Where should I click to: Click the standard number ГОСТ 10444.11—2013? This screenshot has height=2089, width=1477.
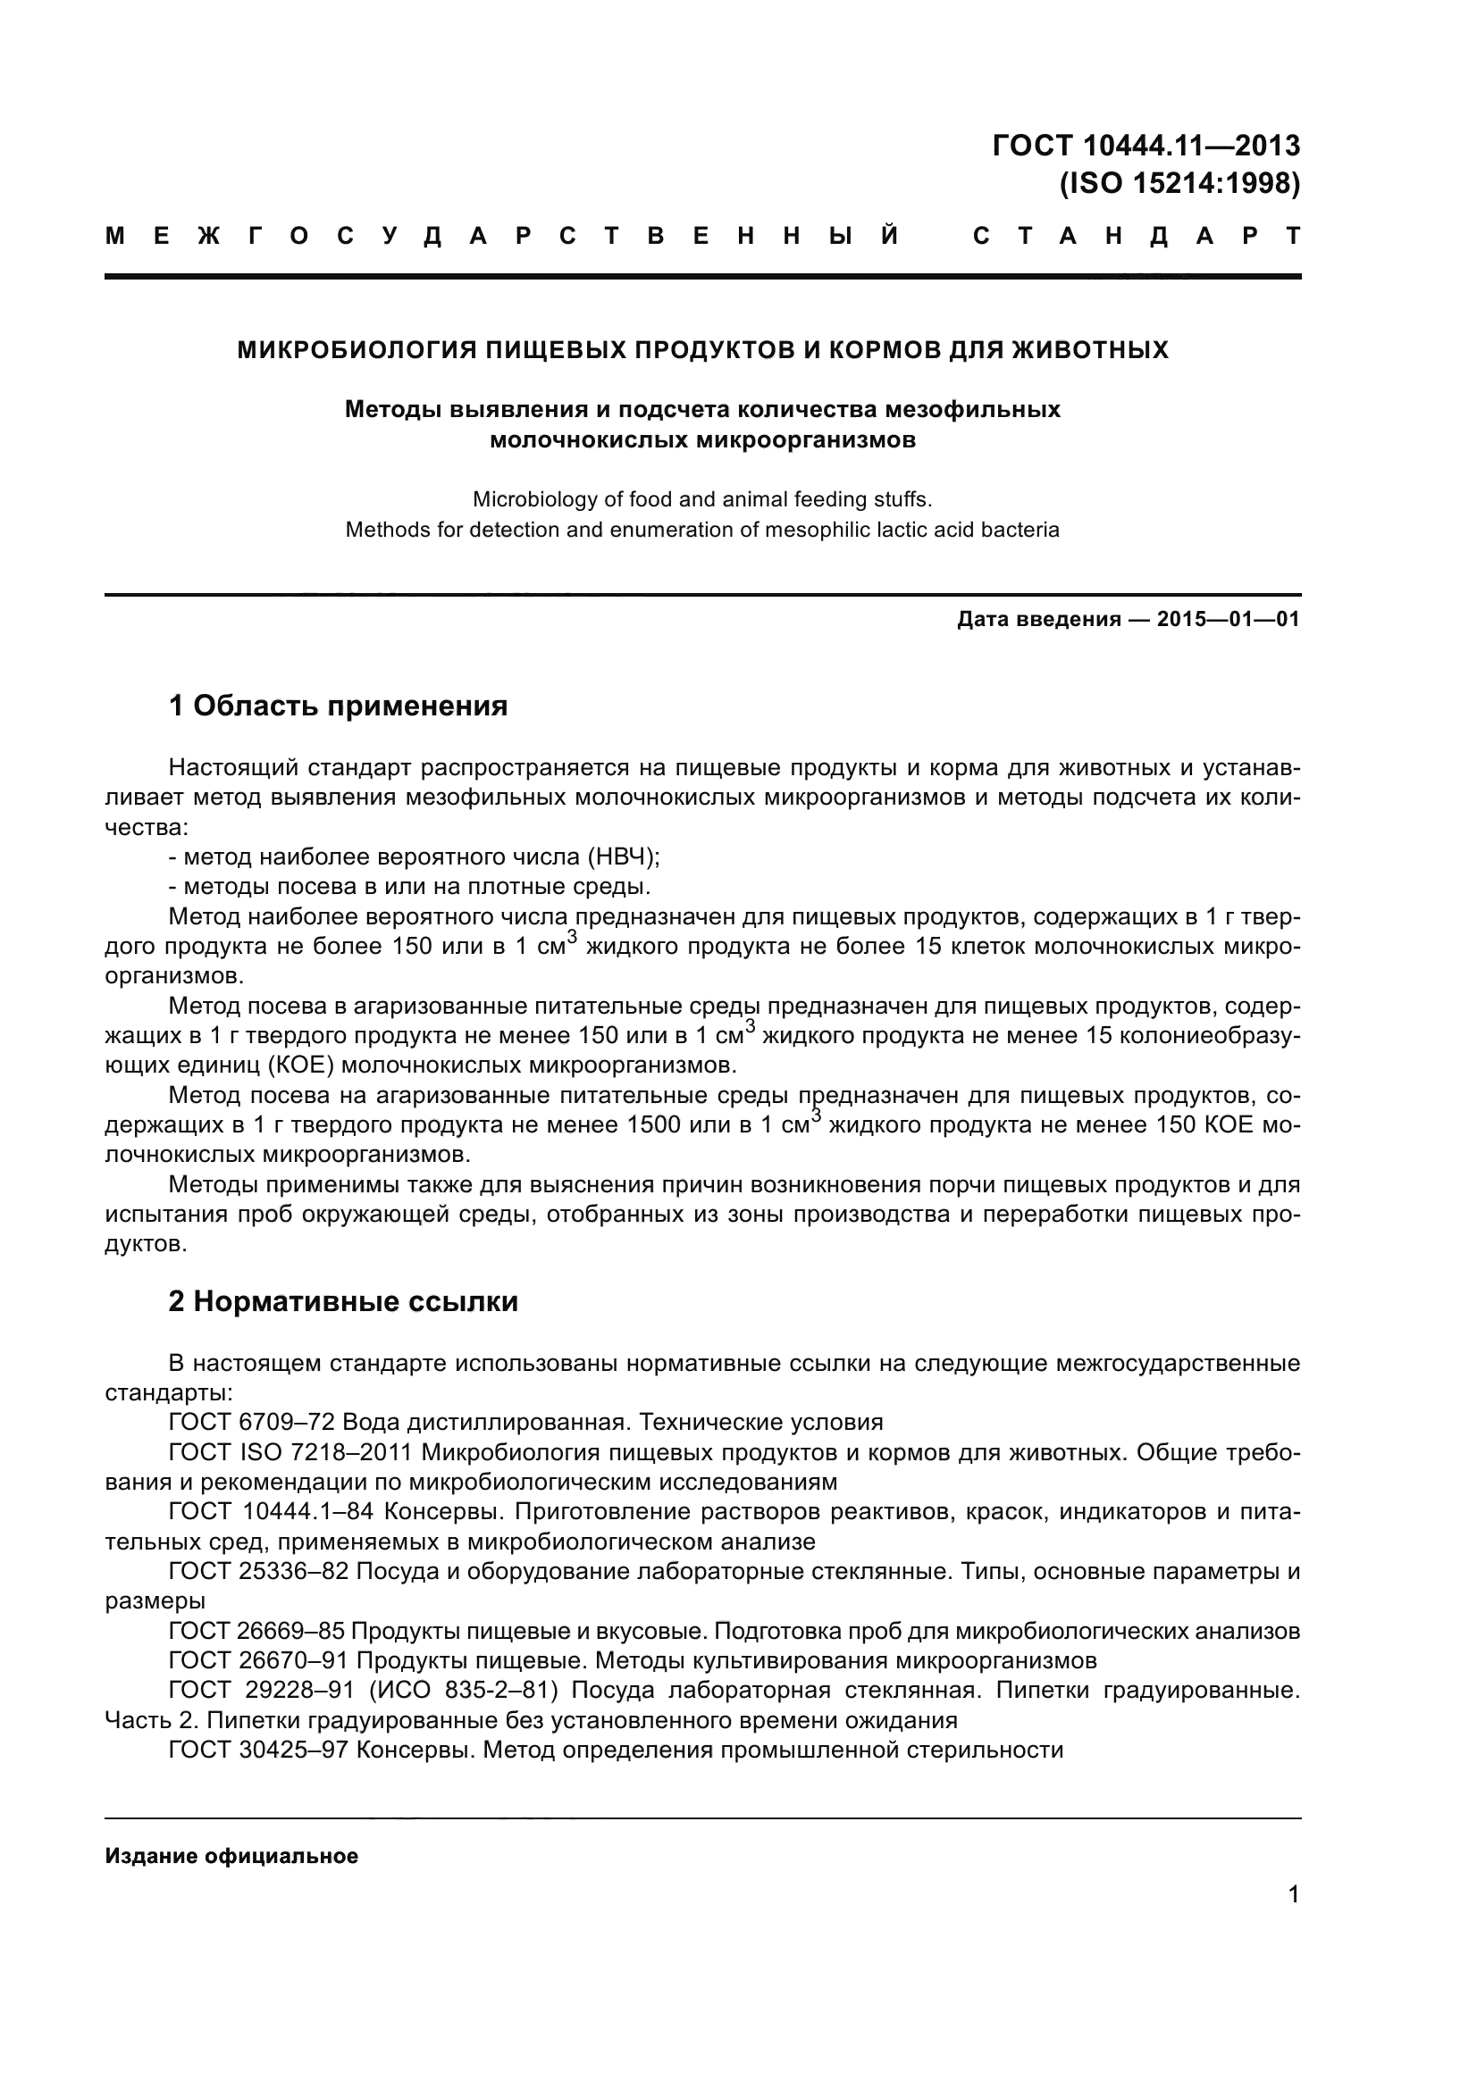(x=1146, y=146)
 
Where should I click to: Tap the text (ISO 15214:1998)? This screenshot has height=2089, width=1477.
(x=1179, y=185)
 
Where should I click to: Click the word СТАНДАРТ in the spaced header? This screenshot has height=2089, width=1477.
(x=1137, y=237)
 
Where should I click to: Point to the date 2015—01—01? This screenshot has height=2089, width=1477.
(x=1228, y=620)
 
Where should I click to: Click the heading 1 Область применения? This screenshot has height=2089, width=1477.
(x=338, y=706)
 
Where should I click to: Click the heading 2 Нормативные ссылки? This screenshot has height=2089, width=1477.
(x=343, y=1302)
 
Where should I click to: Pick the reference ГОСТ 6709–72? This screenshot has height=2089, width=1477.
(x=258, y=1422)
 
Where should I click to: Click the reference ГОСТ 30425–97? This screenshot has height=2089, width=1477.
(x=258, y=1751)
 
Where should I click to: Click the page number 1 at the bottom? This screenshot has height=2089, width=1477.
(x=1293, y=1895)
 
